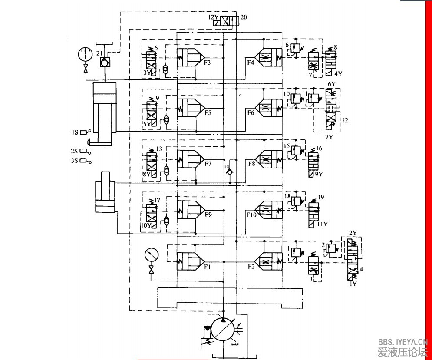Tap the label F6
[x=251, y=112]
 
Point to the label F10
[x=251, y=215]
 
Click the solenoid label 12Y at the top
[x=213, y=18]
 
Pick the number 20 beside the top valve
[x=243, y=18]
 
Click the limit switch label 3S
[x=75, y=161]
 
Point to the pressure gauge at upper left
[x=83, y=54]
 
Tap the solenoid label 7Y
[x=330, y=137]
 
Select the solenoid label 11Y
[x=322, y=224]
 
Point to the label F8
[x=251, y=164]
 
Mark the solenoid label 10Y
[x=145, y=225]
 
